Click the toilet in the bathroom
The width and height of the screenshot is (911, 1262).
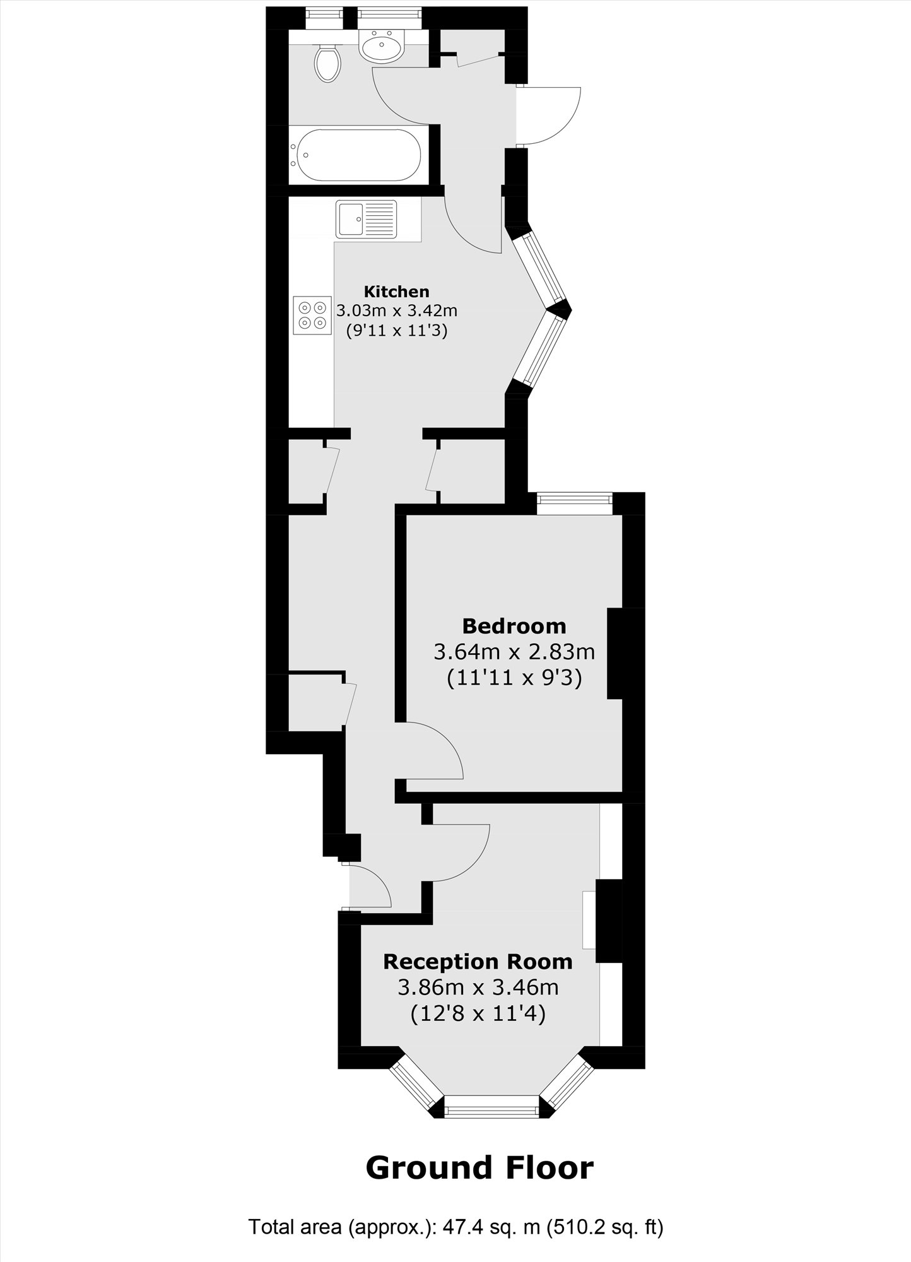pyautogui.click(x=327, y=62)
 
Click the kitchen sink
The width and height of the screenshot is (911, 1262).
pyautogui.click(x=366, y=218)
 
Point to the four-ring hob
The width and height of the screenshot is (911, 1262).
pyautogui.click(x=312, y=315)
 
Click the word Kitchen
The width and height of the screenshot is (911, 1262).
pyautogui.click(x=396, y=292)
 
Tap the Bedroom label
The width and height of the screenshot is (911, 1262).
pyautogui.click(x=514, y=626)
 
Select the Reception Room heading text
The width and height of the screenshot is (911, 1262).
pyautogui.click(x=478, y=962)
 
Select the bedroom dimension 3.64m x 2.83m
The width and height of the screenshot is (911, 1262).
pyautogui.click(x=514, y=651)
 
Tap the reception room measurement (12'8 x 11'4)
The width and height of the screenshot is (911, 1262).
pyautogui.click(x=478, y=1014)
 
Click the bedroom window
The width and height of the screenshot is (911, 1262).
pyautogui.click(x=575, y=504)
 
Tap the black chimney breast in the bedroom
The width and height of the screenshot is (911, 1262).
pyautogui.click(x=615, y=654)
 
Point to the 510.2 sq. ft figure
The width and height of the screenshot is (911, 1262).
pyautogui.click(x=605, y=1227)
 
